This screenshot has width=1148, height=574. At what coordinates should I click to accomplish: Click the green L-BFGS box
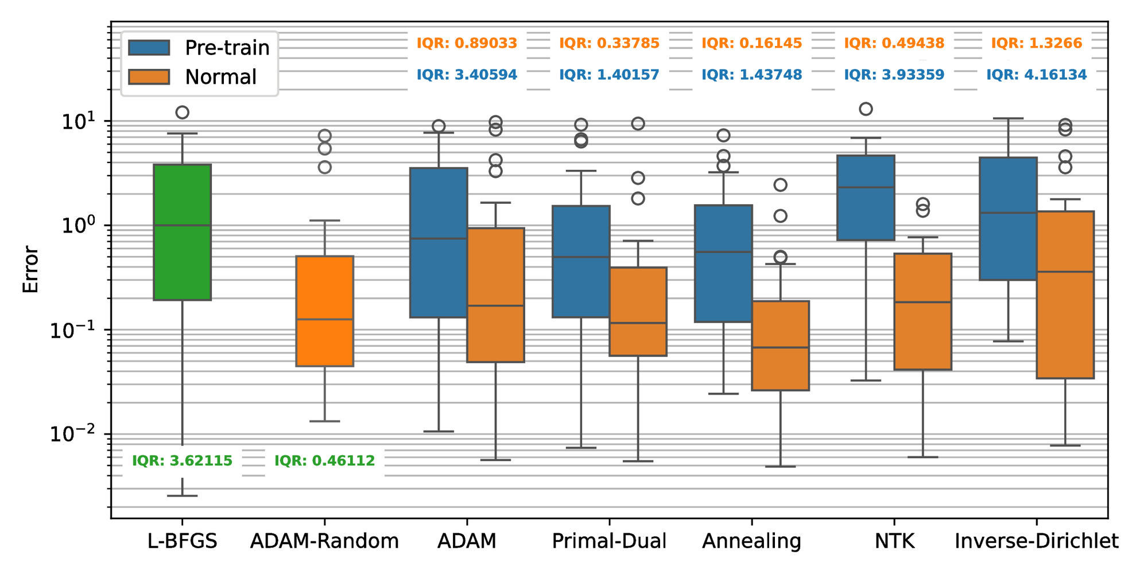[183, 258]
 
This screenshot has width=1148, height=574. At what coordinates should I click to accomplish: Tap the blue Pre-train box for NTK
[866, 212]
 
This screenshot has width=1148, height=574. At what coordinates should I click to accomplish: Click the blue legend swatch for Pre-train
[149, 47]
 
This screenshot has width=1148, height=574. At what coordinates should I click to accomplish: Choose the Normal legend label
[220, 77]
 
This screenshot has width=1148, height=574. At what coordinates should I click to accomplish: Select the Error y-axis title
[30, 270]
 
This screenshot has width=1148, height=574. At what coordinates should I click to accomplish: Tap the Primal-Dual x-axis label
[609, 541]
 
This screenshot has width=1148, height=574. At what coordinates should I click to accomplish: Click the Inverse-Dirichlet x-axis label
[1036, 541]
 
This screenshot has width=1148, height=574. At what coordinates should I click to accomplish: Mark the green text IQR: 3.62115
[182, 461]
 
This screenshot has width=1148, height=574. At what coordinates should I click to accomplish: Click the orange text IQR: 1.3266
[1036, 43]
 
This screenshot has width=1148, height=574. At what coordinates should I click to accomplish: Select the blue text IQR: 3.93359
[894, 75]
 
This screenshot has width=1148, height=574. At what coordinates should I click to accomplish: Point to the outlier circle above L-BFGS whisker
[183, 112]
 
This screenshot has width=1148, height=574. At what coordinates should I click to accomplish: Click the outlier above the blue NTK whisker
[866, 108]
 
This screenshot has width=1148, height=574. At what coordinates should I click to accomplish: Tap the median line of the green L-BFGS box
[183, 226]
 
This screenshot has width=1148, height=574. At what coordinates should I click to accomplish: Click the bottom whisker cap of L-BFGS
[183, 496]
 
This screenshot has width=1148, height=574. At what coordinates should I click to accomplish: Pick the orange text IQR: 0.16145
[751, 43]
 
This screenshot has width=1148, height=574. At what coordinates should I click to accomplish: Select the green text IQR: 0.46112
[324, 461]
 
